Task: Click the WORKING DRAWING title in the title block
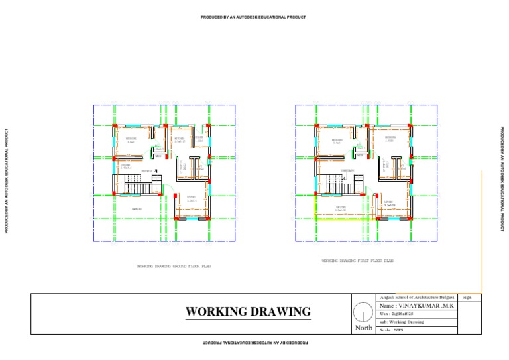[x=247, y=312]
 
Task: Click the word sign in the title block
[x=468, y=298]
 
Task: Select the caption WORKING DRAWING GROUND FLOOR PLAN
[x=174, y=266]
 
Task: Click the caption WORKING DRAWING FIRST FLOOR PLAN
[x=357, y=261]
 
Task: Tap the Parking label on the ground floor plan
[x=137, y=209]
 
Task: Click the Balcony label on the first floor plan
[x=341, y=208]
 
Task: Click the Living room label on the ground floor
[x=191, y=198]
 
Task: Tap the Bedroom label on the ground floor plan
[x=131, y=140]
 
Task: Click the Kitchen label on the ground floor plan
[x=179, y=139]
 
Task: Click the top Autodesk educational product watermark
[x=253, y=17]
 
